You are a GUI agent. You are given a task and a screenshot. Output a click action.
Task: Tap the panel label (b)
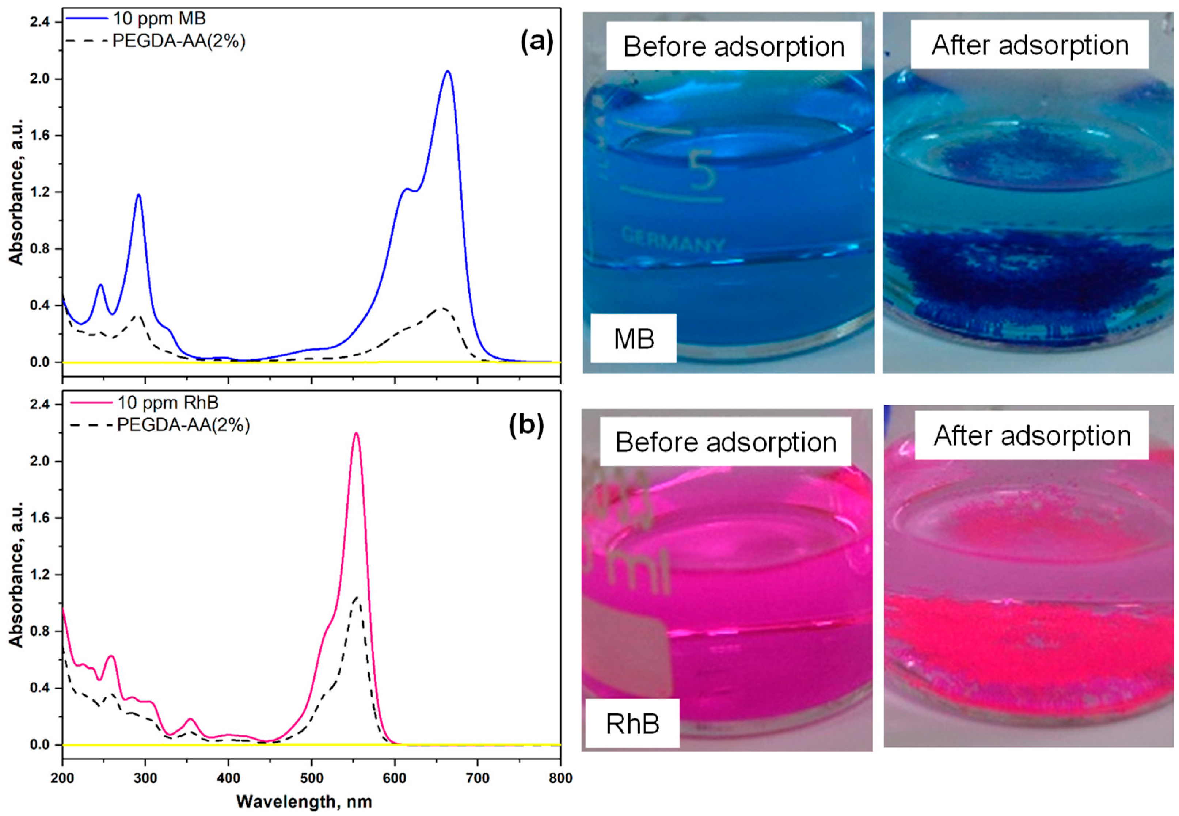(526, 426)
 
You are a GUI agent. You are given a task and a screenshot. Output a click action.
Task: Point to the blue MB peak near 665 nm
(448, 72)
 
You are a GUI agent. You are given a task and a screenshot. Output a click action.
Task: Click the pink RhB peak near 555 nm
(356, 434)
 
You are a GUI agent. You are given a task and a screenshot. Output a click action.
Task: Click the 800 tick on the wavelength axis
(560, 778)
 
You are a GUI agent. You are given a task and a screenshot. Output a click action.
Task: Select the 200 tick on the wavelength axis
(62, 778)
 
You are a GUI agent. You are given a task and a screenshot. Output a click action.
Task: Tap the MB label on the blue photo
(634, 339)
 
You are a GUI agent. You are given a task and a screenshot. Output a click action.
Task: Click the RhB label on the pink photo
(632, 724)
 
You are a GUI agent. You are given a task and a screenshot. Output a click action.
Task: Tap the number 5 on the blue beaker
(702, 170)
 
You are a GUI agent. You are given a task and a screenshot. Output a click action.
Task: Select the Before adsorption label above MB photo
(734, 46)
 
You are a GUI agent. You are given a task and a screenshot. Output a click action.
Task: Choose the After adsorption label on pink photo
(1032, 436)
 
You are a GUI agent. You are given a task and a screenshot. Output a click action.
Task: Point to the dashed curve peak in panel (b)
(356, 597)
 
